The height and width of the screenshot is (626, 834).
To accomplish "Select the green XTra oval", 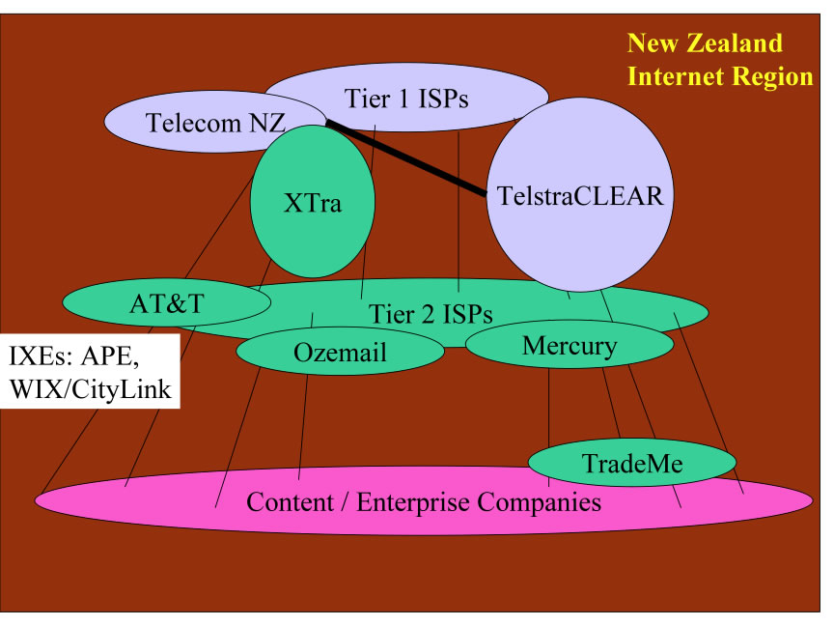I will (x=312, y=205).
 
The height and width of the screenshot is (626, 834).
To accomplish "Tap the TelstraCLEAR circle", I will (x=579, y=196).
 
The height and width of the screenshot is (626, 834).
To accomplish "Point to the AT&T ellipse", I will (x=167, y=302).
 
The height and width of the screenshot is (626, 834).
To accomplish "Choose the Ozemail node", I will (x=339, y=353).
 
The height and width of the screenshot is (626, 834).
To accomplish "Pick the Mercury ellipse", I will (x=569, y=345).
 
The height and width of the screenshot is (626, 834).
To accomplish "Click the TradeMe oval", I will (x=632, y=464).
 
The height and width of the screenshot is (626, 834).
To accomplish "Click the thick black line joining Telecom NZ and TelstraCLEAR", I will (x=405, y=157).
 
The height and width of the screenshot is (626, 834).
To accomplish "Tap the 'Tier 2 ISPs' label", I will (x=431, y=314).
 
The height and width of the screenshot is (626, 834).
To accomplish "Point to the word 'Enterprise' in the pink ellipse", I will (x=418, y=501).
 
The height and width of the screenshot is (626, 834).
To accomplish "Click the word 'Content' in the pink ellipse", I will (x=288, y=501).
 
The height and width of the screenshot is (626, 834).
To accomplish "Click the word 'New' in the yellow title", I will (x=652, y=43).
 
